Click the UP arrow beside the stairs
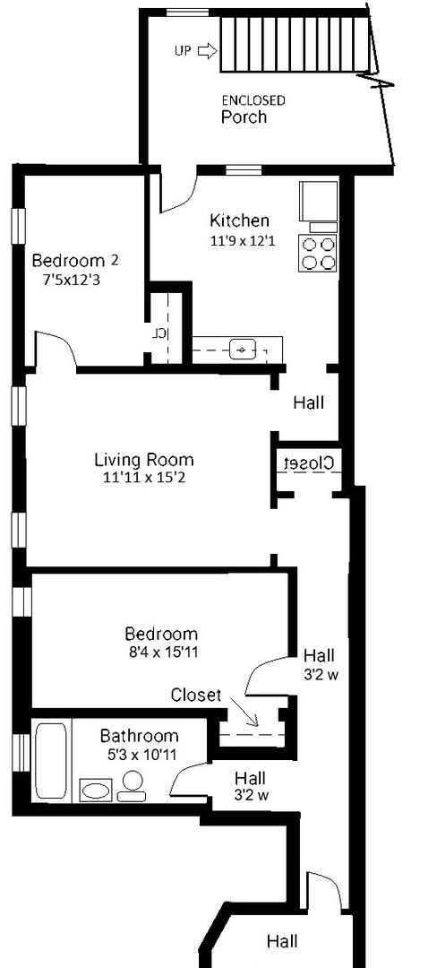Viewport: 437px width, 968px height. pos(207,51)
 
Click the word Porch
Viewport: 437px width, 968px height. pos(244,117)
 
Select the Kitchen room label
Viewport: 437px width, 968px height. pos(239,220)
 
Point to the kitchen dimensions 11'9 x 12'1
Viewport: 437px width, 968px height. pos(239,240)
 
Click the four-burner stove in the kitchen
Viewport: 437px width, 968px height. pos(320,252)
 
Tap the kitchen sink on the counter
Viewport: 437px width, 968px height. pos(243,348)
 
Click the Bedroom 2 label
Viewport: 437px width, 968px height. pos(75,261)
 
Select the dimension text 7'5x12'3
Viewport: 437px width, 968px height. pos(75,280)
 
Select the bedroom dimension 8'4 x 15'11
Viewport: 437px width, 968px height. pos(161,652)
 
